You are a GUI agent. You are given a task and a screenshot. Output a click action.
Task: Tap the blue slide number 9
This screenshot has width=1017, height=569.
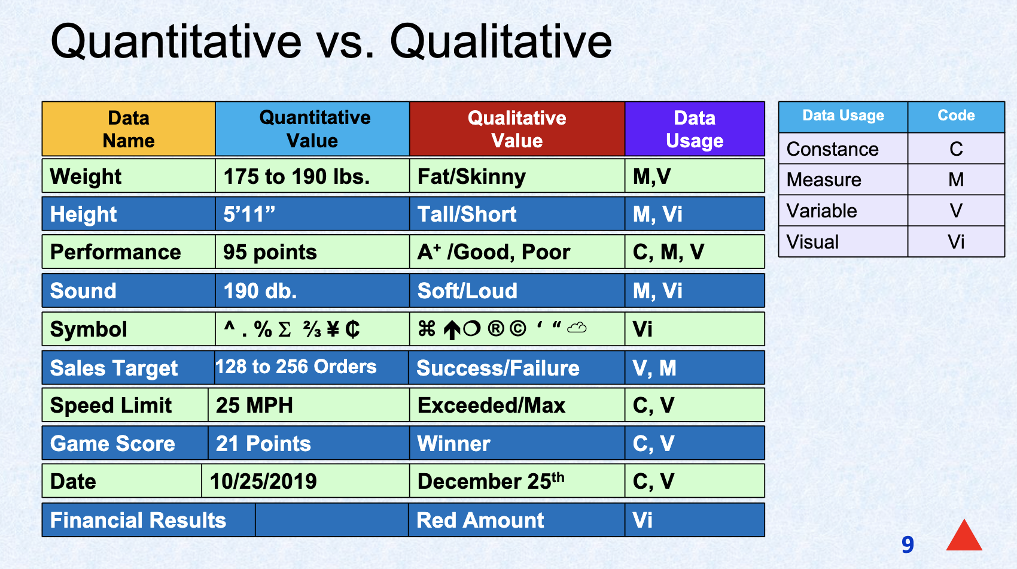pyautogui.click(x=908, y=544)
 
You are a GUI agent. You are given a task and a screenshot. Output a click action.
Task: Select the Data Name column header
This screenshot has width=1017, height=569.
pyautogui.click(x=129, y=129)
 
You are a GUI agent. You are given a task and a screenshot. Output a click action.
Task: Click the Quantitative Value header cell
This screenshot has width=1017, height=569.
pyautogui.click(x=312, y=129)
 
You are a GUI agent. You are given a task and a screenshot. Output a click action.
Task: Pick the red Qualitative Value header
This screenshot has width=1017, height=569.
pyautogui.click(x=517, y=129)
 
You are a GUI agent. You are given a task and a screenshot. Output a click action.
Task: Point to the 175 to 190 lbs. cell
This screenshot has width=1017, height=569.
pyautogui.click(x=312, y=176)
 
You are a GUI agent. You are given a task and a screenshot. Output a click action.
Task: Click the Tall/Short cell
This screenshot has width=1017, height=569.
pyautogui.click(x=517, y=214)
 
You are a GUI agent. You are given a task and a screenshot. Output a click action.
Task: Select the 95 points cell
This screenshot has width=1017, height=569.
pyautogui.click(x=312, y=252)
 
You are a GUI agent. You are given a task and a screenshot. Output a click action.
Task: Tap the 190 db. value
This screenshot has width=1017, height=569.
pyautogui.click(x=260, y=290)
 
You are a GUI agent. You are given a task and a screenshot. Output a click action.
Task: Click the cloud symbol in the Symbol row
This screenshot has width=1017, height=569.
pyautogui.click(x=577, y=327)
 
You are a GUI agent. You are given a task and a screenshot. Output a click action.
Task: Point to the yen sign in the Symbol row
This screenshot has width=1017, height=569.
pyautogui.click(x=333, y=329)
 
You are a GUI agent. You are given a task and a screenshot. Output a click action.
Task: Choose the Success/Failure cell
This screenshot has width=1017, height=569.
pyautogui.click(x=517, y=368)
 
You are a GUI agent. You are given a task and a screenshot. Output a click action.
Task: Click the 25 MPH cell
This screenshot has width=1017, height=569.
pyautogui.click(x=309, y=405)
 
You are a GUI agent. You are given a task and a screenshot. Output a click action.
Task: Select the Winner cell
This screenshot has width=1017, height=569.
pyautogui.click(x=517, y=443)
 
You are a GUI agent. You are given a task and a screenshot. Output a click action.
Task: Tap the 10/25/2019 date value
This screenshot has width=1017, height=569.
pyautogui.click(x=263, y=482)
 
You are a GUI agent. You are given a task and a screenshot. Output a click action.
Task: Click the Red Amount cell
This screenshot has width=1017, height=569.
pyautogui.click(x=517, y=520)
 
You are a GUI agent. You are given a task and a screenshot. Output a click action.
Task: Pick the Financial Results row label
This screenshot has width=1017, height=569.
pyautogui.click(x=138, y=520)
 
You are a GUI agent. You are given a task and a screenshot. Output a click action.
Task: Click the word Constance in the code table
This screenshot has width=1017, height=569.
pyautogui.click(x=833, y=149)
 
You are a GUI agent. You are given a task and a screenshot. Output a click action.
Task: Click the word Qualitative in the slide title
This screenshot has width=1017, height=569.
pyautogui.click(x=501, y=42)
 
